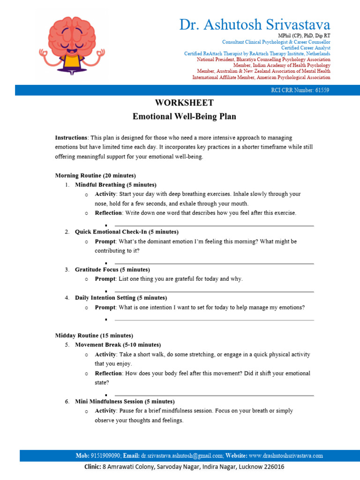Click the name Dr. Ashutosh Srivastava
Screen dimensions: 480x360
[x=255, y=24]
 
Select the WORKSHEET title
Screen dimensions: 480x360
[x=184, y=103]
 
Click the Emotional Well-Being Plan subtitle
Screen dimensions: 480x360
[x=184, y=116]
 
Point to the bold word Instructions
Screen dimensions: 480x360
[x=71, y=138]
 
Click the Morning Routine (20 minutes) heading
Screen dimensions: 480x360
[x=96, y=175]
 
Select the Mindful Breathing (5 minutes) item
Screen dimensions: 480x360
[x=115, y=185]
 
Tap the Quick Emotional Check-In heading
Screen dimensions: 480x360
[x=127, y=232]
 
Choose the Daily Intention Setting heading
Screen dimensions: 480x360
[x=121, y=298]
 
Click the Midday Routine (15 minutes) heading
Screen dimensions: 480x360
[x=94, y=336]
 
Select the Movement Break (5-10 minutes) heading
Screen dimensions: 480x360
[x=118, y=345]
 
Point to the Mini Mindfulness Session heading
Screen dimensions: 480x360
[x=125, y=402]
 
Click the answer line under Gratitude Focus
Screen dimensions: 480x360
[x=214, y=292]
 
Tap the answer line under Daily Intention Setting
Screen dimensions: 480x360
[x=214, y=320]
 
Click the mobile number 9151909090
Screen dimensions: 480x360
[x=106, y=456]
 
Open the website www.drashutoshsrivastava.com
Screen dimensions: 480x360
[x=285, y=456]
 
